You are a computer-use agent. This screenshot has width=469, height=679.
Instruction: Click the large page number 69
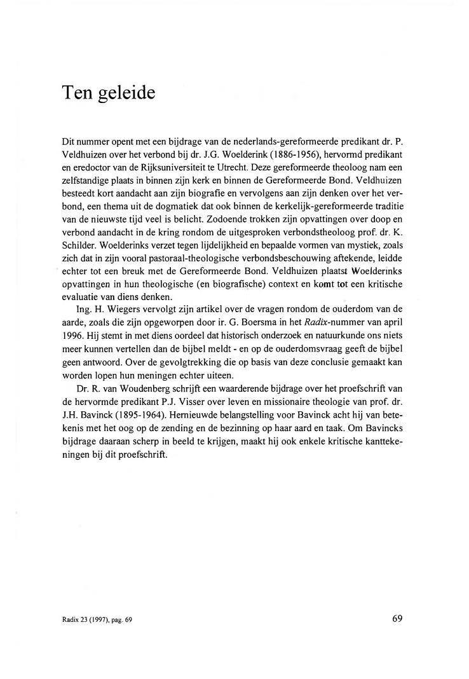point(398,617)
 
